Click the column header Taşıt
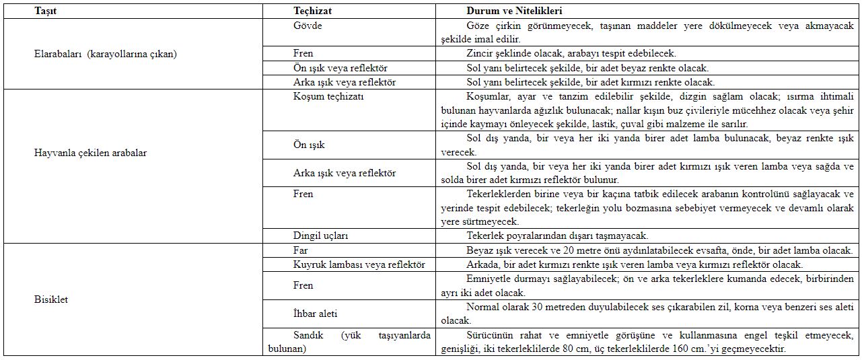pyautogui.click(x=45, y=11)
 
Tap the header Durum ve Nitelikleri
pyautogui.click(x=515, y=11)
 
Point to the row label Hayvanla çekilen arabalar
pyautogui.click(x=90, y=153)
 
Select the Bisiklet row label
pyautogui.click(x=51, y=299)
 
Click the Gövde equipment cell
pyautogui.click(x=308, y=26)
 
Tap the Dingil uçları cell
pyautogui.click(x=320, y=236)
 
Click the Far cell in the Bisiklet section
pyautogui.click(x=301, y=250)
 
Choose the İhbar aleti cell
pyautogui.click(x=315, y=314)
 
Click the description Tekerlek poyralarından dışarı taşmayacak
pyautogui.click(x=557, y=236)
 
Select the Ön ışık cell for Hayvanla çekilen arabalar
pyautogui.click(x=309, y=145)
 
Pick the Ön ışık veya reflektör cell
pyautogui.click(x=340, y=68)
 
